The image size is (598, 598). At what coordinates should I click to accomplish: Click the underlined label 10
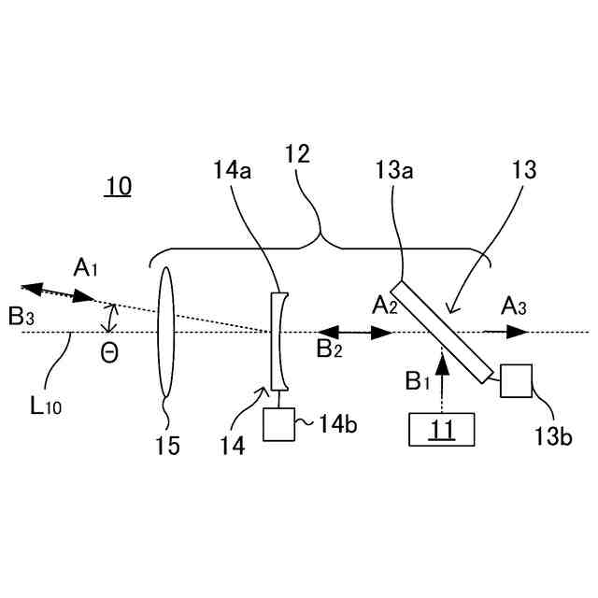[118, 187]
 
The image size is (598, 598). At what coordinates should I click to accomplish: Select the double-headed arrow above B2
[354, 332]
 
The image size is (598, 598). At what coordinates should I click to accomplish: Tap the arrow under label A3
[505, 332]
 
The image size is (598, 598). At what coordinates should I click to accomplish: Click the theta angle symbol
[109, 355]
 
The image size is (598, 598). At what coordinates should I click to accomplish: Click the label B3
[21, 316]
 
